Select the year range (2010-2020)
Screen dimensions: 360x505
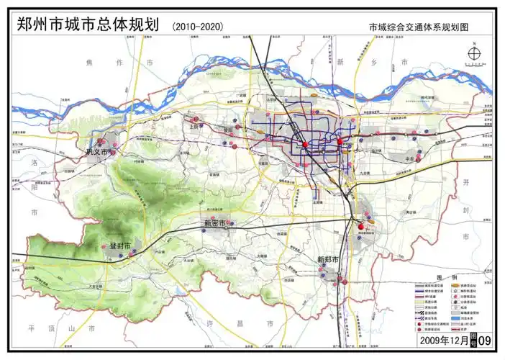point(199,27)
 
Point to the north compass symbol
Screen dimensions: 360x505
point(474,54)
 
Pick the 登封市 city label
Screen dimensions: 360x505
point(120,246)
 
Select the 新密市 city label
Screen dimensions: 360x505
point(214,223)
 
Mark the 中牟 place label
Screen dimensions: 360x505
point(411,159)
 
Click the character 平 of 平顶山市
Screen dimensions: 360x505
point(31,328)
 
